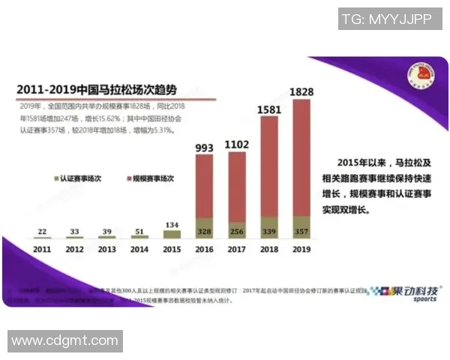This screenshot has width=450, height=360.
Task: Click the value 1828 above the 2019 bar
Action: pyautogui.click(x=301, y=91)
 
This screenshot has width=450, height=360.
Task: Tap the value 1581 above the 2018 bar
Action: pyautogui.click(x=268, y=110)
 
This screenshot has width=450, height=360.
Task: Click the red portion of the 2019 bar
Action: pyautogui.click(x=301, y=157)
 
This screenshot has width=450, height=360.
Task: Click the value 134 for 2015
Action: pyautogui.click(x=172, y=224)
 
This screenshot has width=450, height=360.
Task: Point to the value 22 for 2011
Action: pyautogui.click(x=43, y=231)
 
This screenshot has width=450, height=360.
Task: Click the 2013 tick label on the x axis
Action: pyautogui.click(x=107, y=249)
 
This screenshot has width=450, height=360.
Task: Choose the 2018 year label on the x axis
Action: pyautogui.click(x=268, y=249)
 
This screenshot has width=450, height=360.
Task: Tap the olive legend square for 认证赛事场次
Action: pyautogui.click(x=55, y=178)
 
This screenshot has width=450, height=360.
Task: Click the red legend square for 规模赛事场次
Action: pyautogui.click(x=127, y=178)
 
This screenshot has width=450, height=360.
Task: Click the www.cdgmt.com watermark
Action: pyautogui.click(x=65, y=341)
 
